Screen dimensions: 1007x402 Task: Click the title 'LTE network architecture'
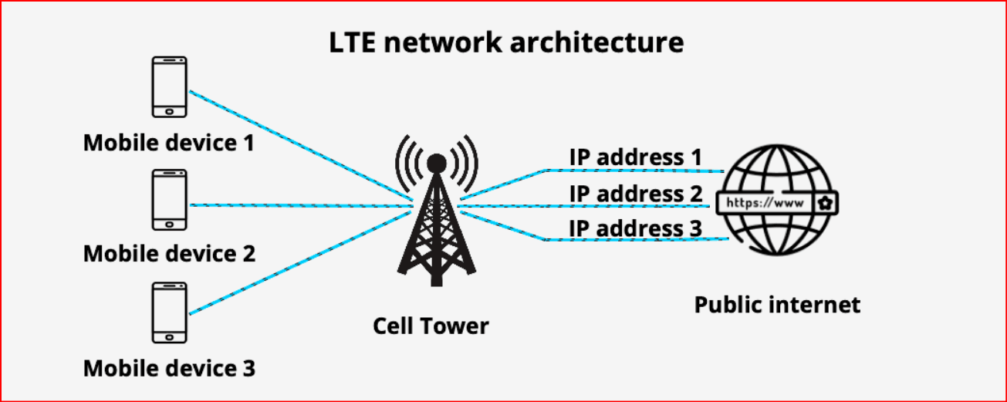[x=507, y=42]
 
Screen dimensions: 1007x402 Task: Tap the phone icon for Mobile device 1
[x=169, y=86]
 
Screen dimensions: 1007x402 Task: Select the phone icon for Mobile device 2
[x=169, y=200]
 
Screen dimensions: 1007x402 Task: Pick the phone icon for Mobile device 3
[x=169, y=312]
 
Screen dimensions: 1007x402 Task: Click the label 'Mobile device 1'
[x=169, y=143]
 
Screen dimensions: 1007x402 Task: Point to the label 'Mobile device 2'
[x=170, y=254]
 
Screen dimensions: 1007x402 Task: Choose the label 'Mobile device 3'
[x=170, y=368]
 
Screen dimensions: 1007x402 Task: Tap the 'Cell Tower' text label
[x=431, y=326]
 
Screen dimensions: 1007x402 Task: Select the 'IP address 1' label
[x=636, y=157]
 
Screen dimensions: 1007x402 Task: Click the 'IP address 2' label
[x=636, y=194]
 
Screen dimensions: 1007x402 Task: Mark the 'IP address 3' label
[x=636, y=228]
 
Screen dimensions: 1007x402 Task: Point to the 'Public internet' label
[x=777, y=305]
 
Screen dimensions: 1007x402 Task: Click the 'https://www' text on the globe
[x=765, y=203]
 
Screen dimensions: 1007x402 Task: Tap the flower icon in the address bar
[x=826, y=203]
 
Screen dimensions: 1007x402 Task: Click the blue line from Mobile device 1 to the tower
[x=301, y=146]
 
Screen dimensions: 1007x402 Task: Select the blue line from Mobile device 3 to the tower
[x=301, y=262]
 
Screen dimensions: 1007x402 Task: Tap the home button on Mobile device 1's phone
[x=169, y=112]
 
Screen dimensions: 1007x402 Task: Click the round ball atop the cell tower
[x=437, y=164]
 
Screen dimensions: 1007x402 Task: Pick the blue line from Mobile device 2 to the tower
[x=301, y=205]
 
